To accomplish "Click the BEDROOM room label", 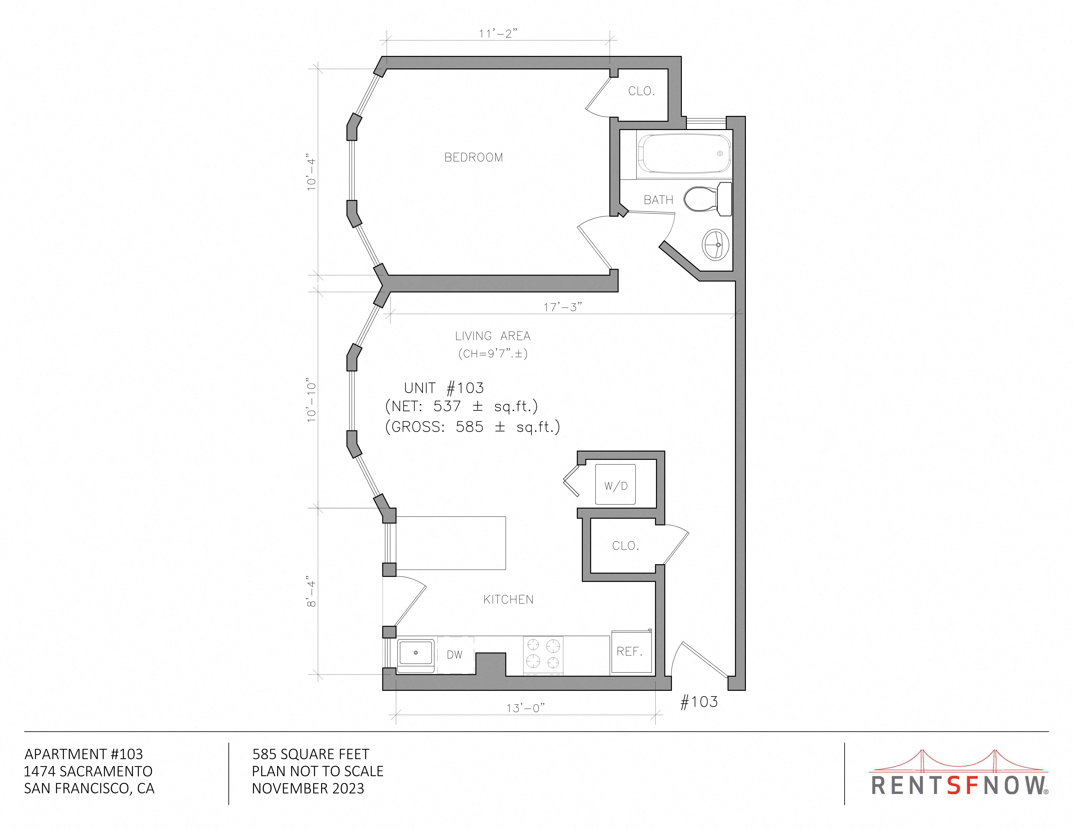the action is [474, 158].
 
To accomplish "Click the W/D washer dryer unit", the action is [616, 485].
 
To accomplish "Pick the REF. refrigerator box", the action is [631, 652].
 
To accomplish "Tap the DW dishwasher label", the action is [454, 655].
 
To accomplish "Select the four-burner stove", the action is [543, 655].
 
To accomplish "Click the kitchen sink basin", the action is [416, 653].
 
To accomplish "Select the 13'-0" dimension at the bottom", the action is [526, 708].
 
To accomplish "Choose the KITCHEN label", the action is [509, 600].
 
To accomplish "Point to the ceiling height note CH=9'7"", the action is [493, 354].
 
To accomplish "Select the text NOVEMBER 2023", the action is [308, 789].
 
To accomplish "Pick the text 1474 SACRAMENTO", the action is [88, 772].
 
